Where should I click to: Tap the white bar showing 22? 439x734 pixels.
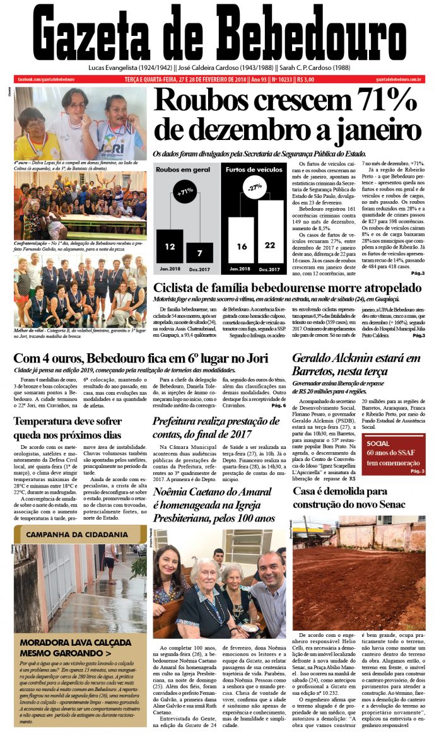coord(271,228)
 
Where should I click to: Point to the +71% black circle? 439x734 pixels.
coord(185,191)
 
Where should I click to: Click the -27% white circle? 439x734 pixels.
coord(255,187)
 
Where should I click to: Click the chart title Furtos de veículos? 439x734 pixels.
coord(255,169)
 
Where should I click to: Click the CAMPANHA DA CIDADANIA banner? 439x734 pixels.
coord(77,535)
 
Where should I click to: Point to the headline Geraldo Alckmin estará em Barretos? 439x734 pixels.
coord(357,364)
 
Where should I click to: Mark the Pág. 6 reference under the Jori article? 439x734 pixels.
coord(278,405)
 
